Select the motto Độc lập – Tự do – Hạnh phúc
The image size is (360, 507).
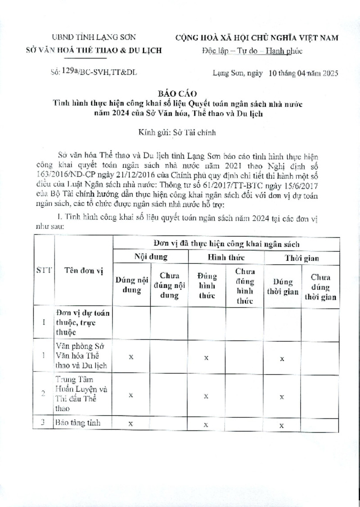point(252,51)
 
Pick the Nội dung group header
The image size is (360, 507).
point(151,257)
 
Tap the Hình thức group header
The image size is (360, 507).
point(225,257)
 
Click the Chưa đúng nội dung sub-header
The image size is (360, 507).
point(169,285)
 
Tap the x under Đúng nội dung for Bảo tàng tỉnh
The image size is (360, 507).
point(130,424)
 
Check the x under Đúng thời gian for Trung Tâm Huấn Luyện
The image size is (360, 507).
point(282,397)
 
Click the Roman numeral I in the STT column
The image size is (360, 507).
point(44,322)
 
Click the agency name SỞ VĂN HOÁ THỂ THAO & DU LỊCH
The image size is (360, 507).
point(94,50)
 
